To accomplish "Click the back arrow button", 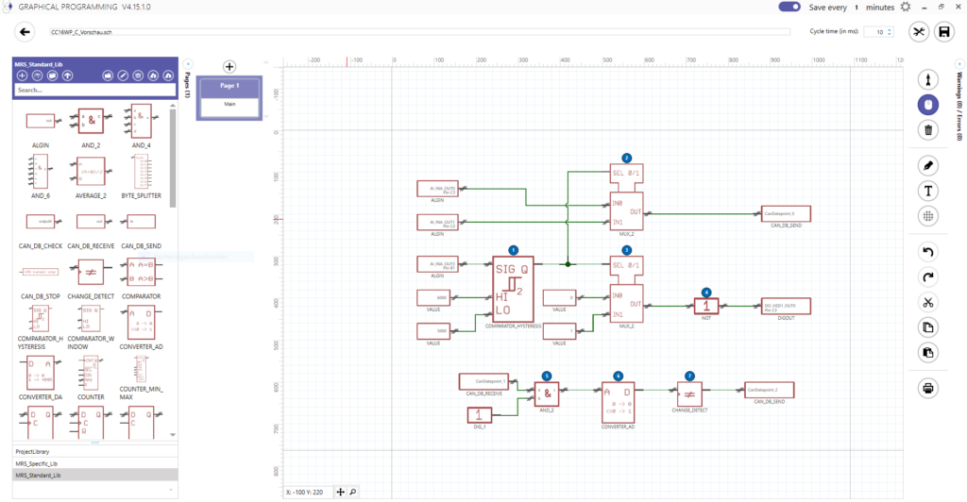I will point(26,32).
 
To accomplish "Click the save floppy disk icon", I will point(943,32).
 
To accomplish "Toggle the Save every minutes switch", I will point(789,8).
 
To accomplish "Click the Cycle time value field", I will point(877,32).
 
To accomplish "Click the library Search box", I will point(94,90).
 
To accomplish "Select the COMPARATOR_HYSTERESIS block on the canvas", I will point(512,289).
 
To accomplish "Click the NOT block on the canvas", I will point(706,306).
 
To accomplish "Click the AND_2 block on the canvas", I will point(548,390).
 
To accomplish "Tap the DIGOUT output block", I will point(785,306).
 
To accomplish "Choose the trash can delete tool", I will point(928,130).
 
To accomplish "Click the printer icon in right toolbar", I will point(928,388).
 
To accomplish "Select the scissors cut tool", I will point(928,302).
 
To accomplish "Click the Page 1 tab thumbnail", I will point(229,97).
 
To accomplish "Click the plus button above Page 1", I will point(229,67).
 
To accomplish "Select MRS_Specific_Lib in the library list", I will point(94,462).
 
